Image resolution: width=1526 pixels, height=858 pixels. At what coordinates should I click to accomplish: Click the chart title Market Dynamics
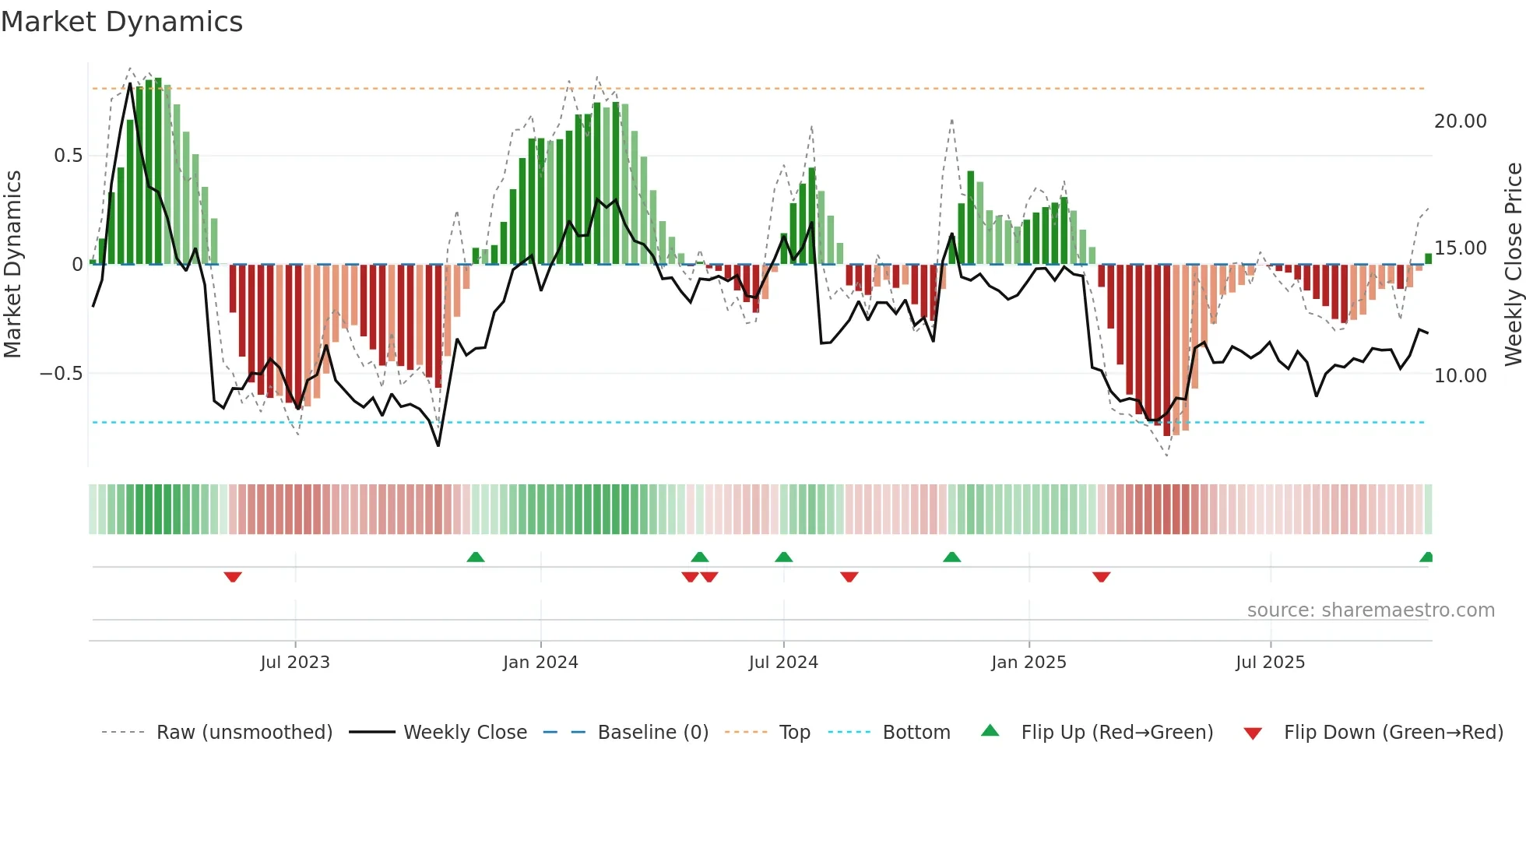[121, 22]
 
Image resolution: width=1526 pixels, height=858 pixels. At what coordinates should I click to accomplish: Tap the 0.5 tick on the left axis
[68, 156]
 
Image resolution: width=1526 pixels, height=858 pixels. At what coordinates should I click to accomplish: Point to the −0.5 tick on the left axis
[62, 374]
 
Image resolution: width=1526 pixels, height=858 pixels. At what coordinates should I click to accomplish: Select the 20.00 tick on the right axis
[1460, 121]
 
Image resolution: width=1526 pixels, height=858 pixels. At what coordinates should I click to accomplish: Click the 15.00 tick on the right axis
[1460, 248]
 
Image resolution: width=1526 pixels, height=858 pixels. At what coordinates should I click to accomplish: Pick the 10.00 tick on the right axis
[1460, 376]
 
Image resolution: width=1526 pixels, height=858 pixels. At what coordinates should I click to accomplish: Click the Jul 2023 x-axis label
[295, 663]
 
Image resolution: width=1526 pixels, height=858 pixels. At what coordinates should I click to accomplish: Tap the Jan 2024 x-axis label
[540, 663]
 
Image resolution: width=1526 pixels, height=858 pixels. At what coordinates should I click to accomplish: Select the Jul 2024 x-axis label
[783, 663]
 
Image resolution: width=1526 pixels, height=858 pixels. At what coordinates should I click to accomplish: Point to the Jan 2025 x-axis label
[1028, 663]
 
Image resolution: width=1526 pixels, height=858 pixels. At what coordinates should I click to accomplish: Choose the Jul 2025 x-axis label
[1270, 663]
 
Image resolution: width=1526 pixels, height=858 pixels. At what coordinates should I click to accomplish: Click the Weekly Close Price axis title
[1513, 264]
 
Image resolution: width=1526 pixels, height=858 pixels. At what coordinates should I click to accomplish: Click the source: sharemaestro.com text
[1370, 610]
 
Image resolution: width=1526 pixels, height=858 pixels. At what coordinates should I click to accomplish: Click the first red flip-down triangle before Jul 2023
[233, 577]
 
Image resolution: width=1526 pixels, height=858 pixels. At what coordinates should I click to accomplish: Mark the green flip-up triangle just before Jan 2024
[476, 557]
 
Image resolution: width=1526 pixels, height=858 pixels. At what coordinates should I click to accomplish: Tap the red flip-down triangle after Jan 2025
[1101, 577]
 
